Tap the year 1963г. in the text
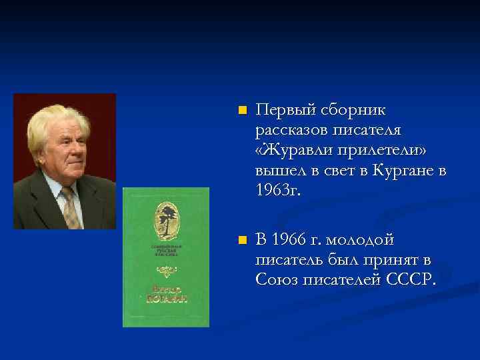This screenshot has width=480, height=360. (x=278, y=191)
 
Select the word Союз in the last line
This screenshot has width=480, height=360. (x=275, y=280)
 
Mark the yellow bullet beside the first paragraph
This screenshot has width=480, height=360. (x=242, y=109)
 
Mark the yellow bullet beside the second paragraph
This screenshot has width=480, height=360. (x=242, y=240)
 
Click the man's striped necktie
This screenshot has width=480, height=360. (x=70, y=207)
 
